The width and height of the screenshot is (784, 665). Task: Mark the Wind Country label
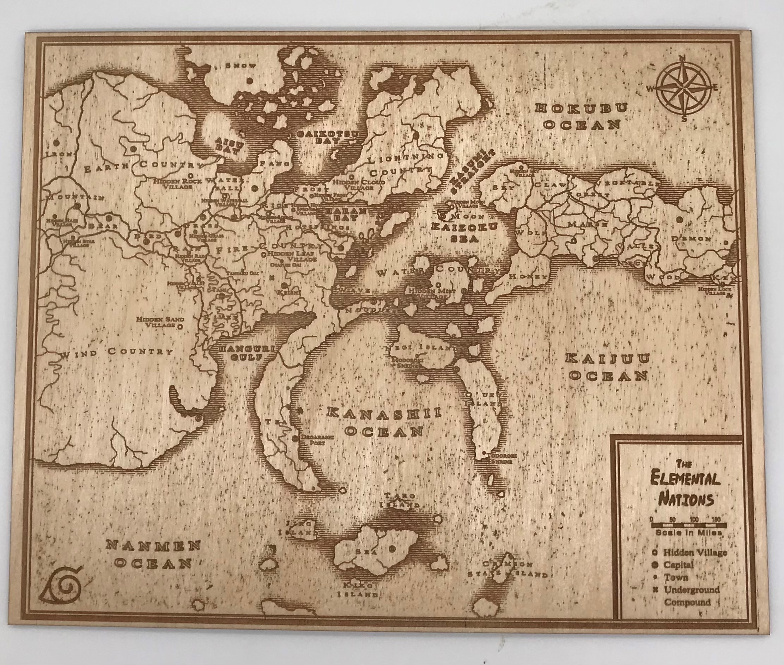tap(116, 353)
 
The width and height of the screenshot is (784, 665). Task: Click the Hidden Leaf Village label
tap(292, 257)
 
